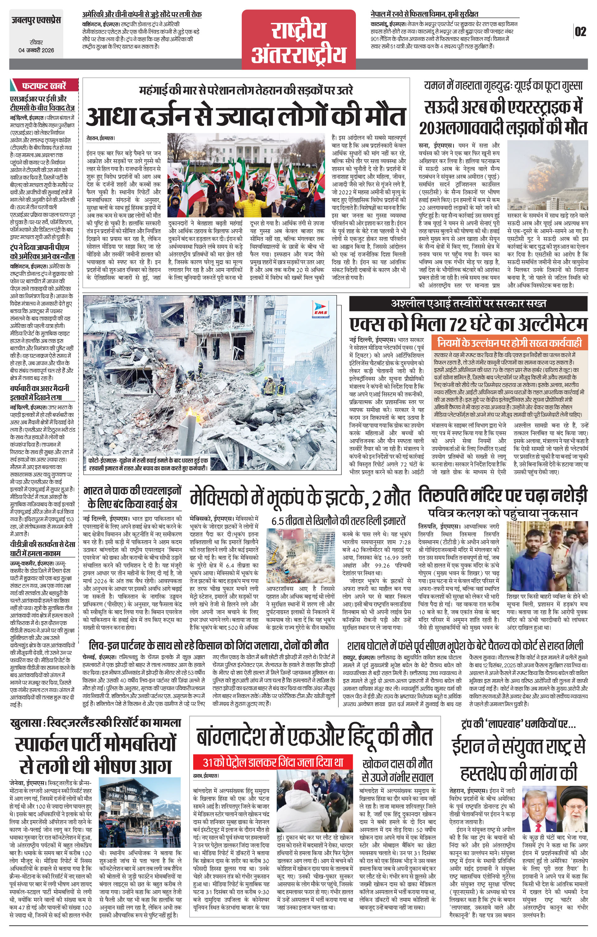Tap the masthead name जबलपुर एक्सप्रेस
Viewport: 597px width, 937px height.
tap(36, 20)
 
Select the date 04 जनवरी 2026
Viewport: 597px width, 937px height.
tap(36, 50)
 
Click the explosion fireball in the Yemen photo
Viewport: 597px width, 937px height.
tap(536, 177)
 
